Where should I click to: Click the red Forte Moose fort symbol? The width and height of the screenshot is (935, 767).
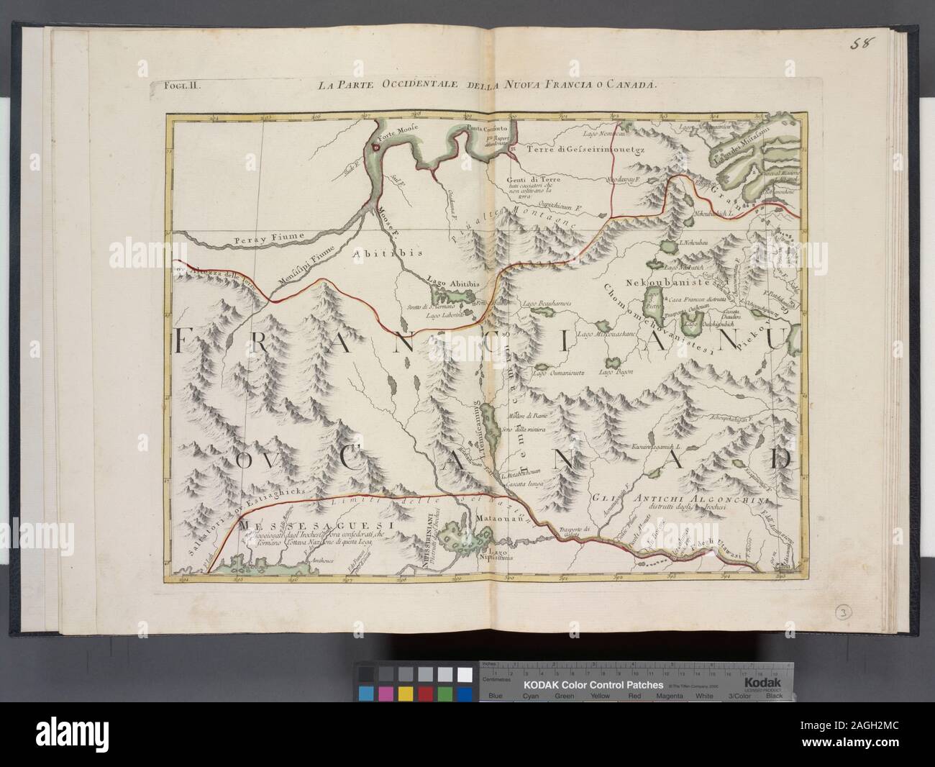tap(375, 145)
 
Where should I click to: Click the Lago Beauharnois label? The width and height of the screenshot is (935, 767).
tap(547, 304)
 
